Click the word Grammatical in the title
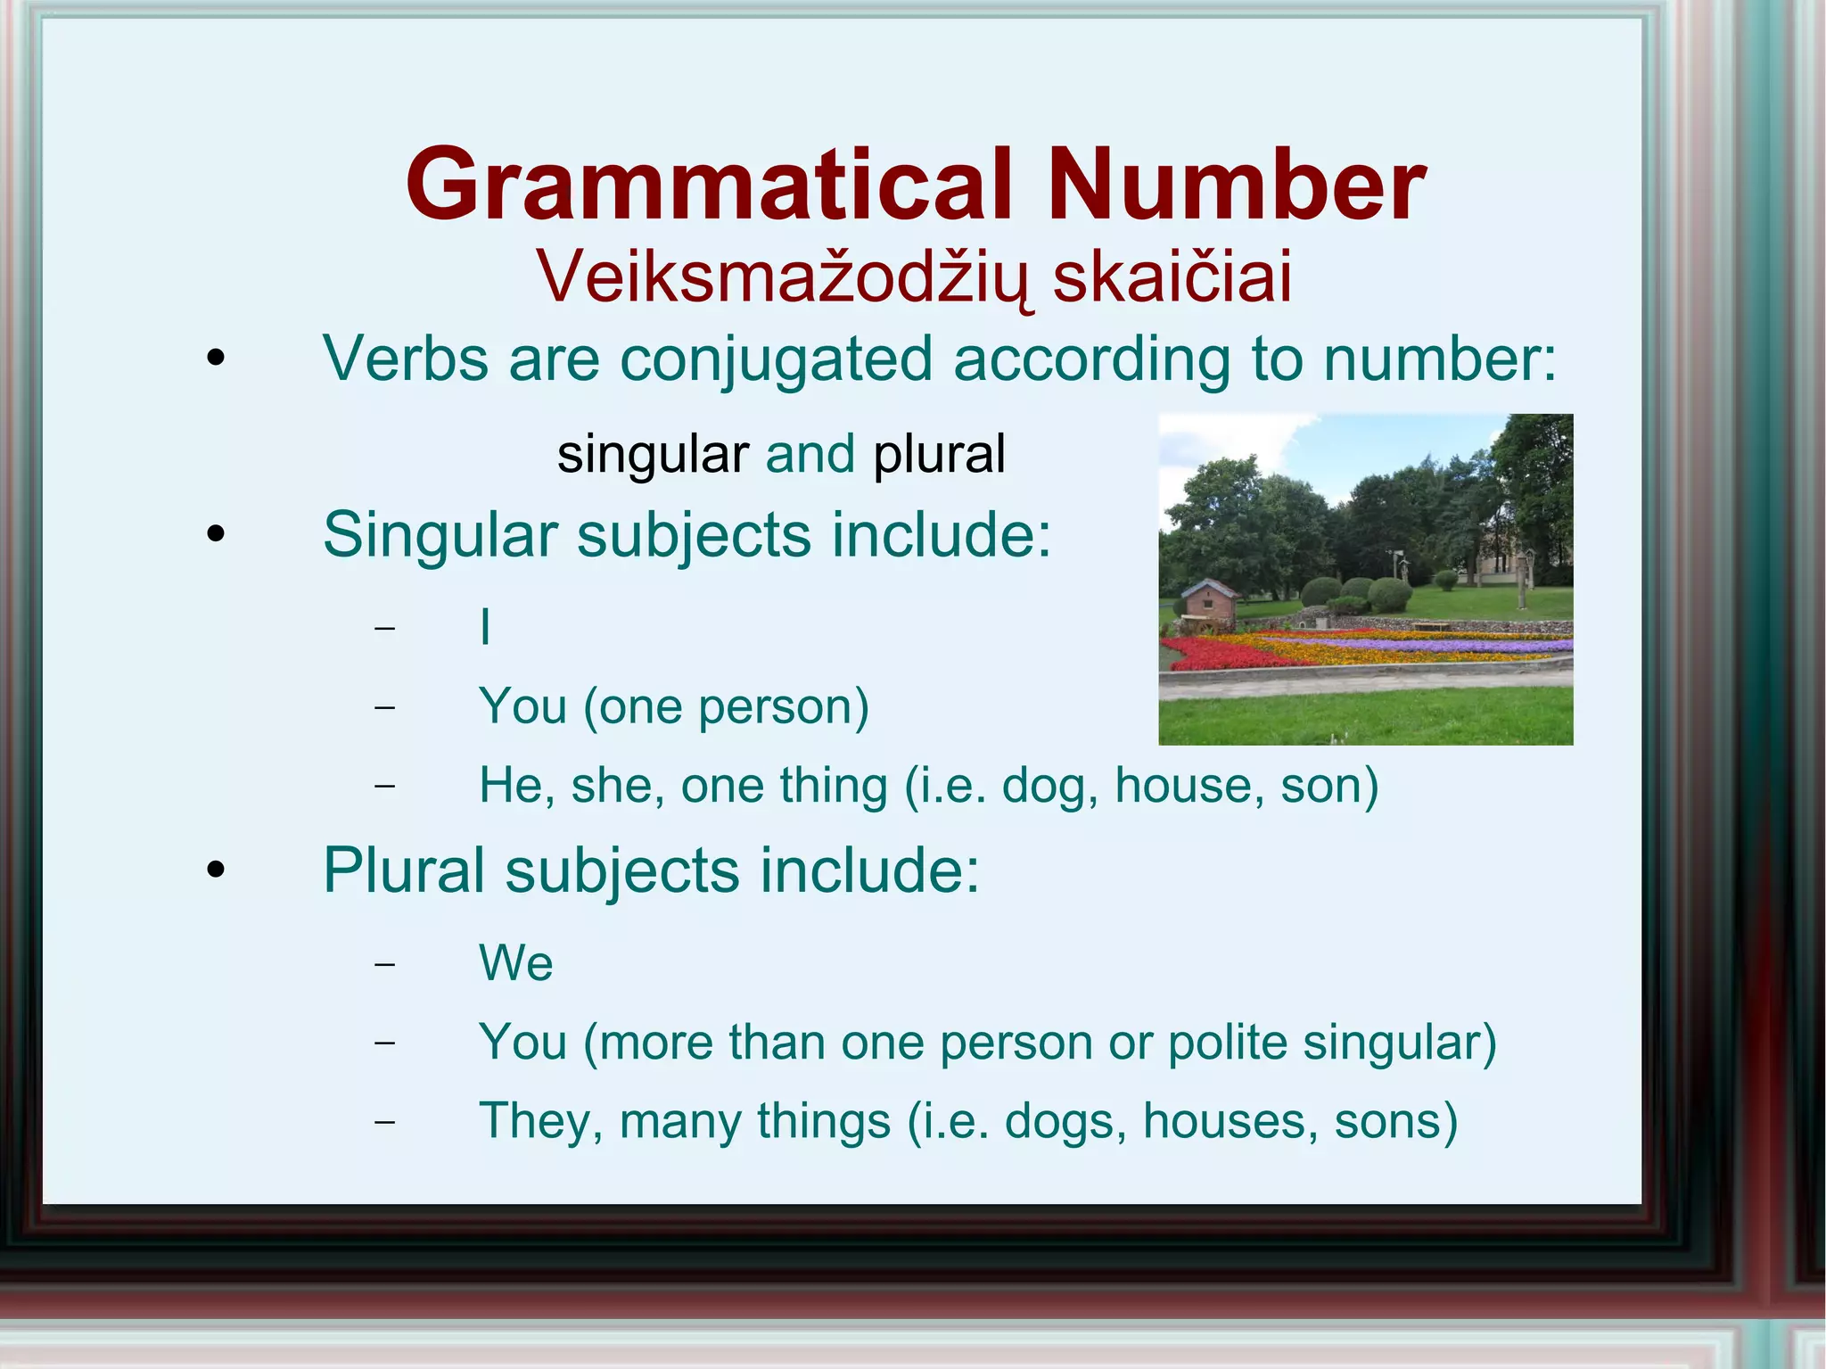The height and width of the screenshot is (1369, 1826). pos(709,185)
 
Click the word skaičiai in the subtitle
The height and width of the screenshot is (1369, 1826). pos(1172,276)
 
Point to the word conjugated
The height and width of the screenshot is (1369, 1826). pos(776,359)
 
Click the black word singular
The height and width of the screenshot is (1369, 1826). pos(653,454)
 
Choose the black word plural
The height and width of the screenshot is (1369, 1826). pos(939,454)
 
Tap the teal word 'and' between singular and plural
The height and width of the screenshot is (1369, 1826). pos(810,454)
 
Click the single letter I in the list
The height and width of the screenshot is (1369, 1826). pos(485,626)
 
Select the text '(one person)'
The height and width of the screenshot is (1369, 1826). pos(726,706)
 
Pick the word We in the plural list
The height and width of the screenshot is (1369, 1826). pos(516,963)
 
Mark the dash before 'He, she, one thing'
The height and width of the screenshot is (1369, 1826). pos(384,787)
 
